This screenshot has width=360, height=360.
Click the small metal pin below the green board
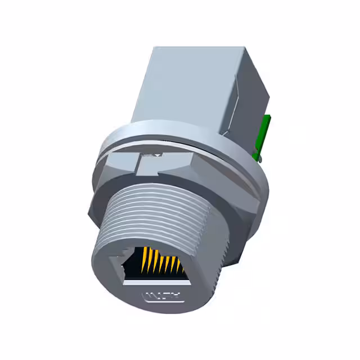[257, 153]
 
